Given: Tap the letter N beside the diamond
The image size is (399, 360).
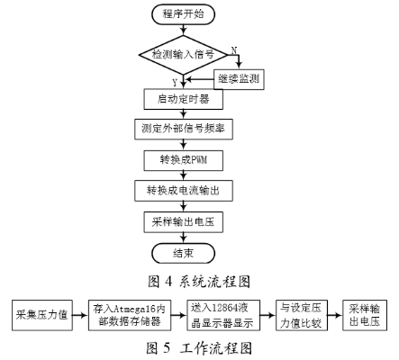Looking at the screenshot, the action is point(233,50).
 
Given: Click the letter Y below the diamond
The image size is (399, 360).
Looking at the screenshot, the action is point(175,83).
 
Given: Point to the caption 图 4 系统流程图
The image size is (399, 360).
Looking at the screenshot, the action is point(199,282).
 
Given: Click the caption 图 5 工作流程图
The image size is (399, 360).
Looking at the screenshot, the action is point(199,348).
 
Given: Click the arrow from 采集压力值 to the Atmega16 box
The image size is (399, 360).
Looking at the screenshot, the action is point(80,315).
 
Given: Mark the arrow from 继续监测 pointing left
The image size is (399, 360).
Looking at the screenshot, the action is point(200,79).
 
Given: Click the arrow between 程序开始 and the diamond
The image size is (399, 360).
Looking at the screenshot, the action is point(183,30).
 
